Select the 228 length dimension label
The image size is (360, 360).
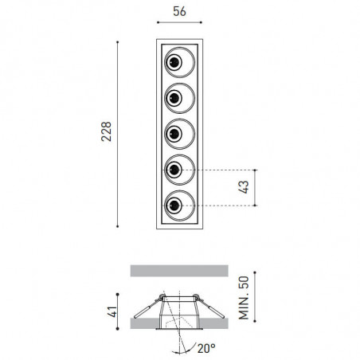pos(105,132)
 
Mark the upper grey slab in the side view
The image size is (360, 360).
pos(178,270)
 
